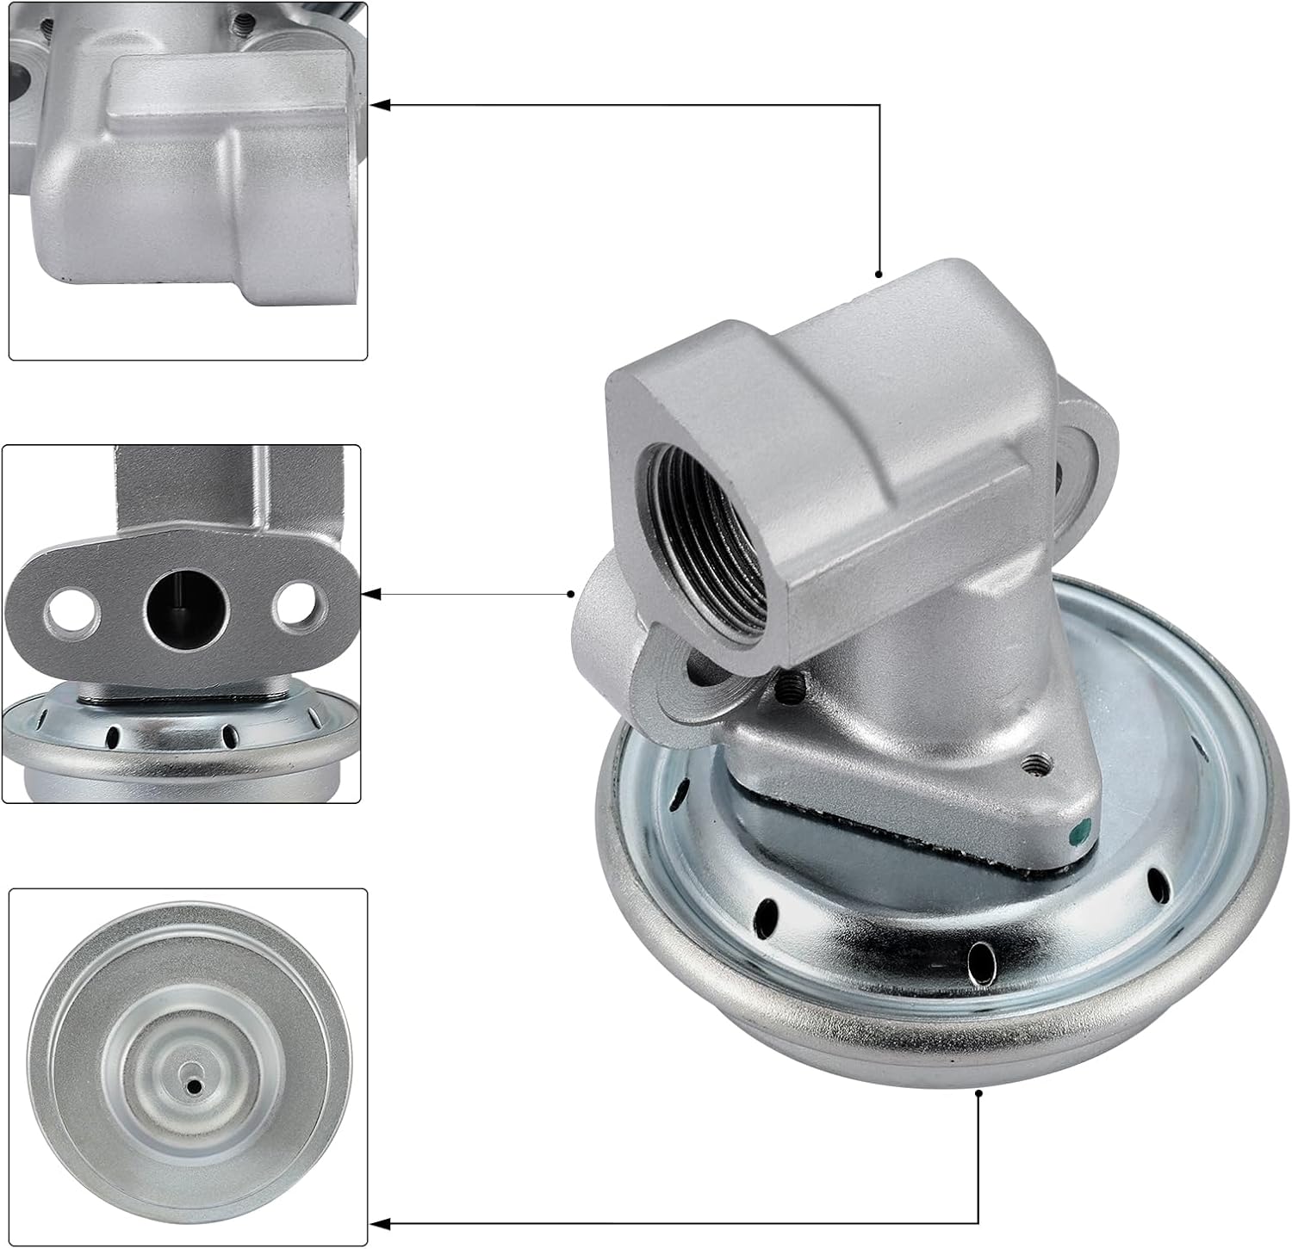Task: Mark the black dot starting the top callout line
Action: [879, 275]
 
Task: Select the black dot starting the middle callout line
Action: [571, 594]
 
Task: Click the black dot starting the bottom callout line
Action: [979, 1093]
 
